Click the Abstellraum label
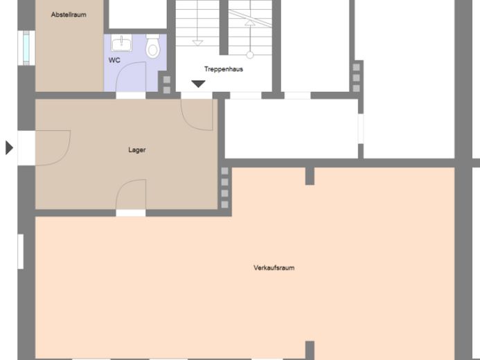(x=69, y=15)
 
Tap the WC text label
(x=114, y=60)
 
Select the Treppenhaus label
(x=224, y=69)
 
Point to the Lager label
(x=137, y=150)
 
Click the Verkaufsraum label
(x=274, y=268)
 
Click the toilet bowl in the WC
(x=152, y=47)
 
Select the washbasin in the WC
(x=121, y=43)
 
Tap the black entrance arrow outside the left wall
(x=10, y=147)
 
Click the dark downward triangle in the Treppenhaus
(x=198, y=84)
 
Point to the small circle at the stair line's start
(x=250, y=55)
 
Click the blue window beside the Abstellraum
(x=26, y=48)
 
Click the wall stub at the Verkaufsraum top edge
(x=310, y=176)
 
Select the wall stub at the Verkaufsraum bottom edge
(x=310, y=350)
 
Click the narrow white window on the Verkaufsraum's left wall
(x=21, y=251)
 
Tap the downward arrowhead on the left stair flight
(x=197, y=43)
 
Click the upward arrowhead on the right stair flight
(x=250, y=23)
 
